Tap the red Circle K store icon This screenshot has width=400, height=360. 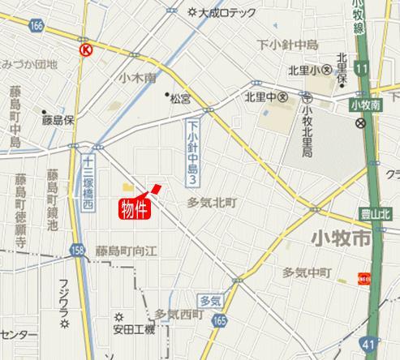click(x=85, y=51)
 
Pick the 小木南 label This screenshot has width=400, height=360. click(x=130, y=78)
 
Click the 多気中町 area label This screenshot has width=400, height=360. click(x=308, y=271)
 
